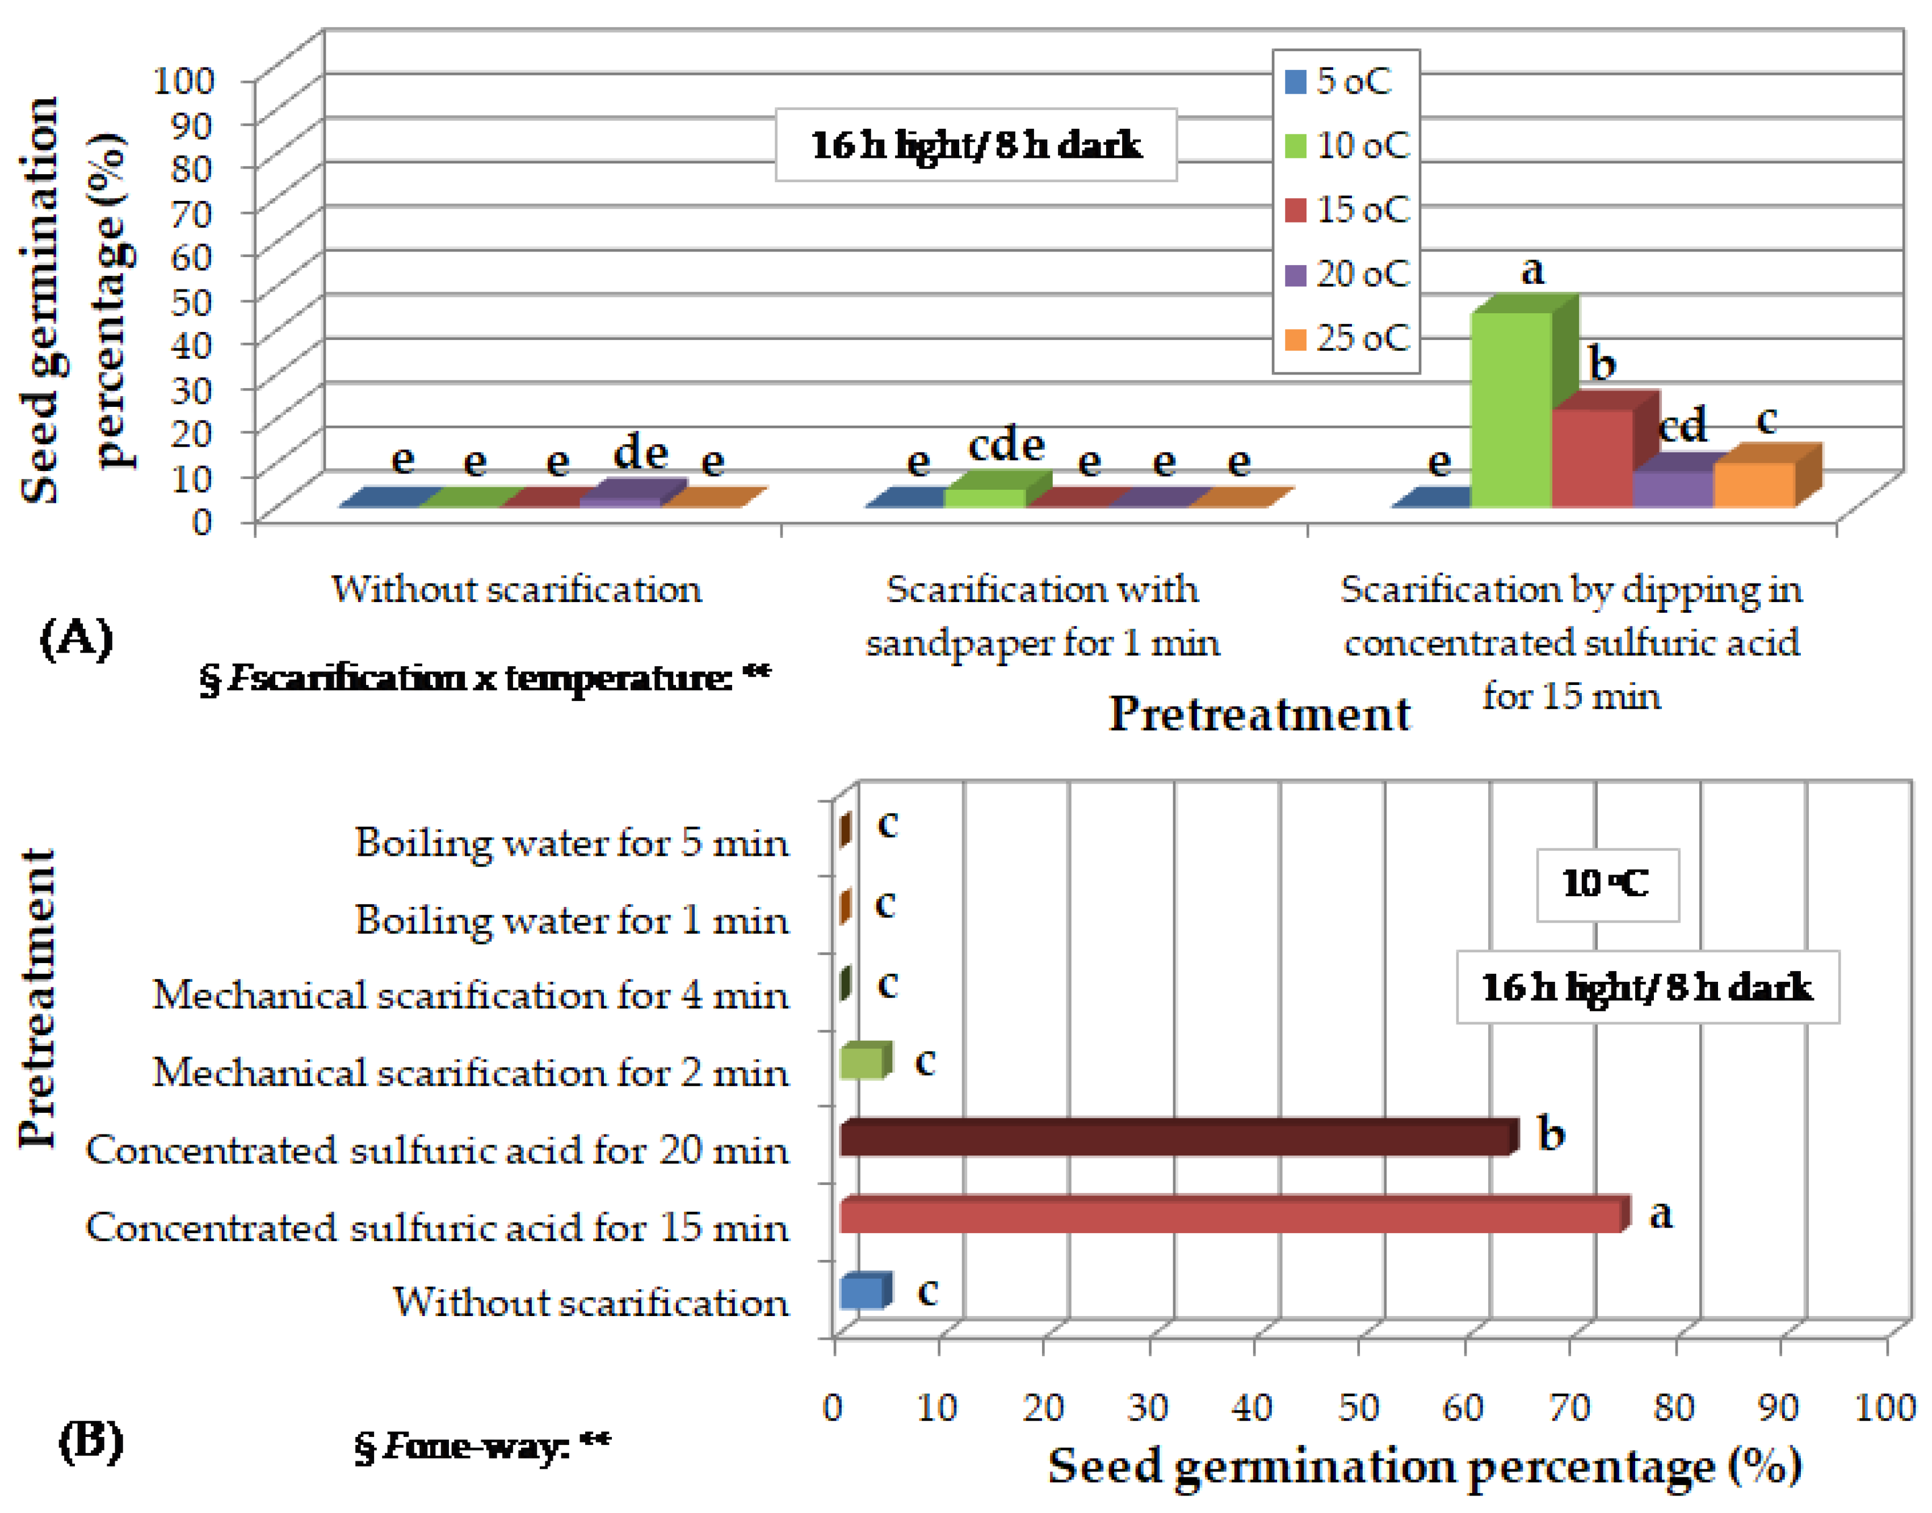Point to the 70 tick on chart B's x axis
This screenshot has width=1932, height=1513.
(x=1569, y=1407)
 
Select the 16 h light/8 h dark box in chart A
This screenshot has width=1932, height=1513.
(x=975, y=145)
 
